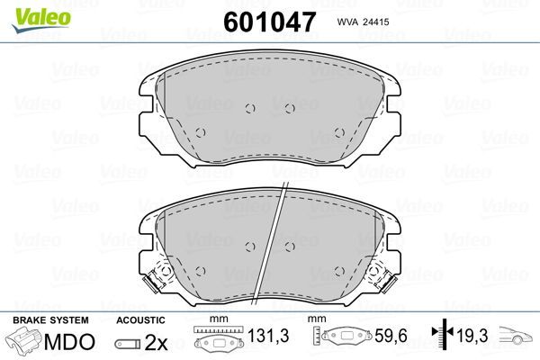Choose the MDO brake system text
[x=69, y=342]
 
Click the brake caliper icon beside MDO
[x=24, y=342]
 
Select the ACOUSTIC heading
[x=140, y=319]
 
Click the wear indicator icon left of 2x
[x=130, y=343]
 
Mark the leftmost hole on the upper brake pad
[x=201, y=132]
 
